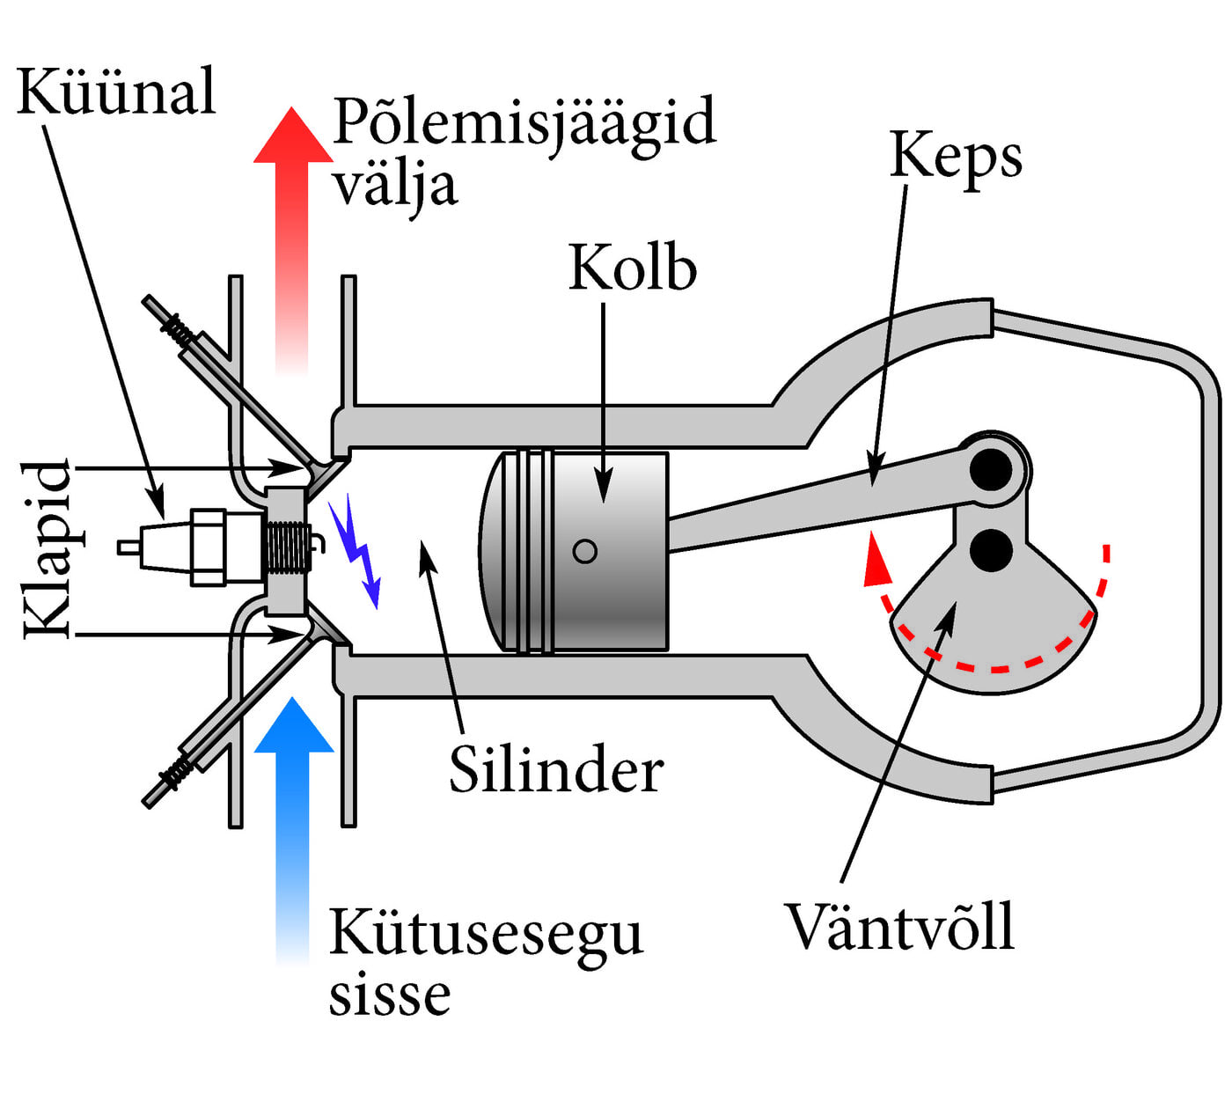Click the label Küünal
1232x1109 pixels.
click(x=116, y=92)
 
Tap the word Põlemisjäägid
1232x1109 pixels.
click(x=524, y=124)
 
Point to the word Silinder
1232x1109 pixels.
click(x=556, y=770)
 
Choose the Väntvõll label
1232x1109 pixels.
click(x=899, y=926)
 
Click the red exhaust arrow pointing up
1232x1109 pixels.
click(x=293, y=220)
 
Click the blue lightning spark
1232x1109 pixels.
click(x=356, y=550)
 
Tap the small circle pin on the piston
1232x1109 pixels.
click(x=585, y=551)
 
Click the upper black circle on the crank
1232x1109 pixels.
click(x=992, y=470)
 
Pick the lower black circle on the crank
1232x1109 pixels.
click(x=992, y=549)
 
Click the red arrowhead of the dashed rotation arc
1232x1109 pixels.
click(x=875, y=563)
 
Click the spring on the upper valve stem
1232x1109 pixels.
click(x=178, y=330)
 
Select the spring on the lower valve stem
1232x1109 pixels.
click(x=178, y=771)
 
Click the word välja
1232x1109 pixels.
click(x=395, y=187)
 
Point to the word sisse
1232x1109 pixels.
click(x=390, y=996)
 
